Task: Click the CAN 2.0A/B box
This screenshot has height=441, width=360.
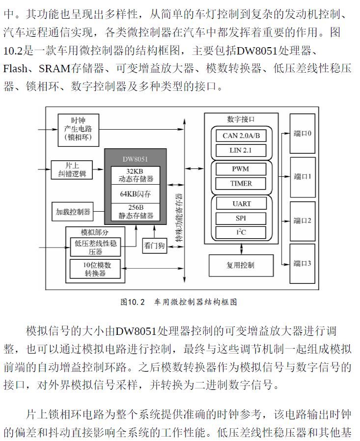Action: coord(241,136)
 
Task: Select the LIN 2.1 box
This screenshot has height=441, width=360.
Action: coord(241,150)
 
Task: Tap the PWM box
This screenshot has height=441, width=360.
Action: coord(241,169)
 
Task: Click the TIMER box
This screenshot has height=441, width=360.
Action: coord(241,183)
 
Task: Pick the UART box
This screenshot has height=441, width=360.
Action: coord(241,204)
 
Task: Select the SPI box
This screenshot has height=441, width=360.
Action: coord(241,218)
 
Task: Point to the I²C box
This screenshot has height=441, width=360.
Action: coord(241,232)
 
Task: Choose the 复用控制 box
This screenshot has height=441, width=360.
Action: coord(240,265)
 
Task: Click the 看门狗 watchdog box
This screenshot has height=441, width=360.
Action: coord(154,246)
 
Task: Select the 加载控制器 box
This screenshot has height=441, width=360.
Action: coord(73,212)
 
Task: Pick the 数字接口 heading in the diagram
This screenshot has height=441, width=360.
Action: coord(241,119)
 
